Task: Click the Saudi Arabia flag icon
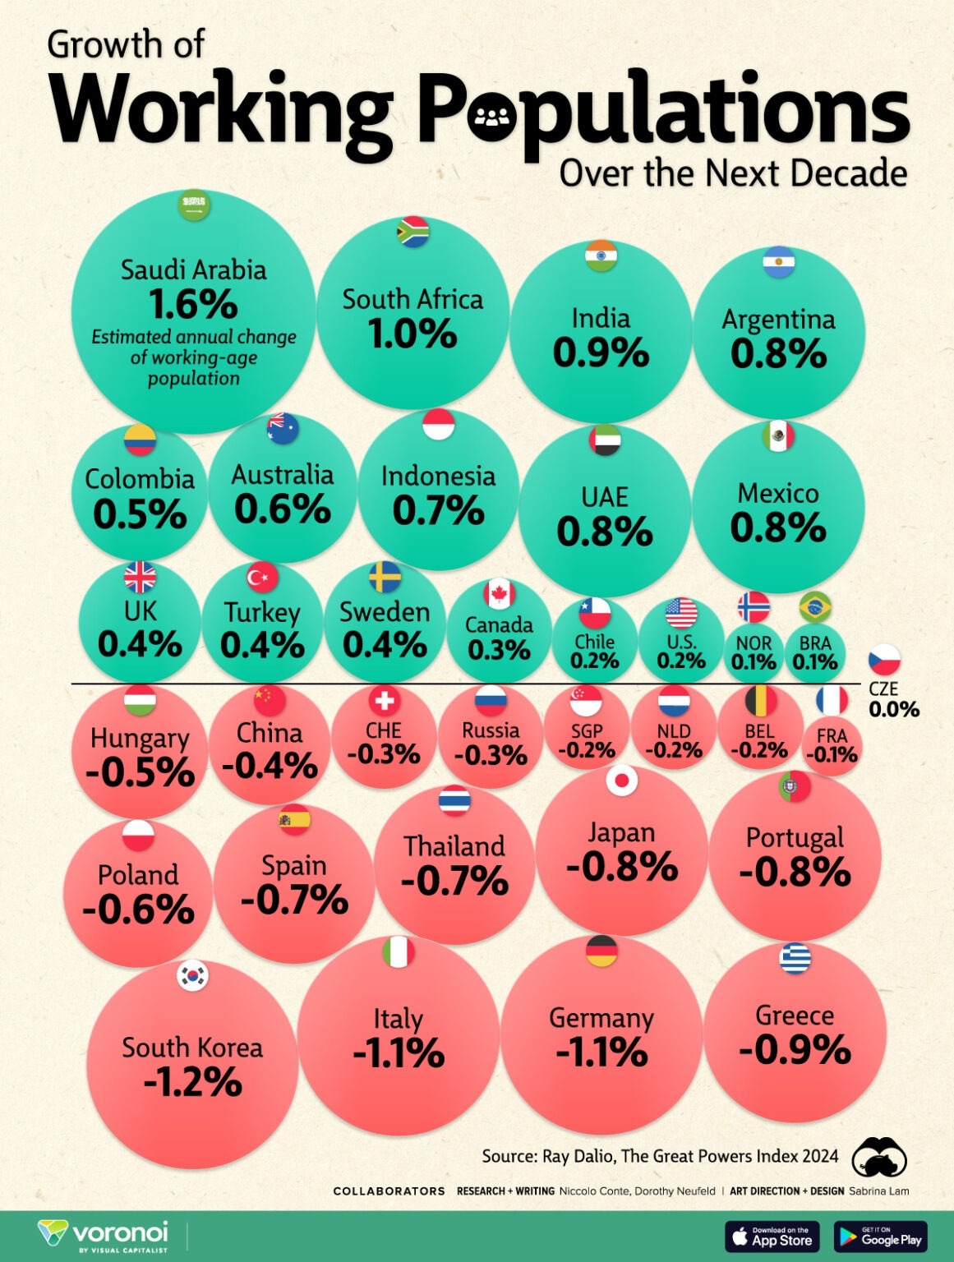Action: (x=194, y=205)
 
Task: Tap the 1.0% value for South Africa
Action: (x=412, y=334)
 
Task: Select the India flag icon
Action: (x=601, y=256)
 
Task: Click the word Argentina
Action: (x=778, y=320)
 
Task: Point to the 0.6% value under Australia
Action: (x=282, y=509)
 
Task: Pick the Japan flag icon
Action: (x=621, y=780)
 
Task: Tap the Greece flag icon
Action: (x=795, y=958)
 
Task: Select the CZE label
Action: (x=883, y=689)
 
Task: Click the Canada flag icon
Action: (x=499, y=593)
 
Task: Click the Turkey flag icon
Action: (x=262, y=578)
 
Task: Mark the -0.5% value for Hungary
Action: (x=140, y=773)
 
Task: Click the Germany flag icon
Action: (x=601, y=951)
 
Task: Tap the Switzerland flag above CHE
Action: (x=383, y=701)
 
